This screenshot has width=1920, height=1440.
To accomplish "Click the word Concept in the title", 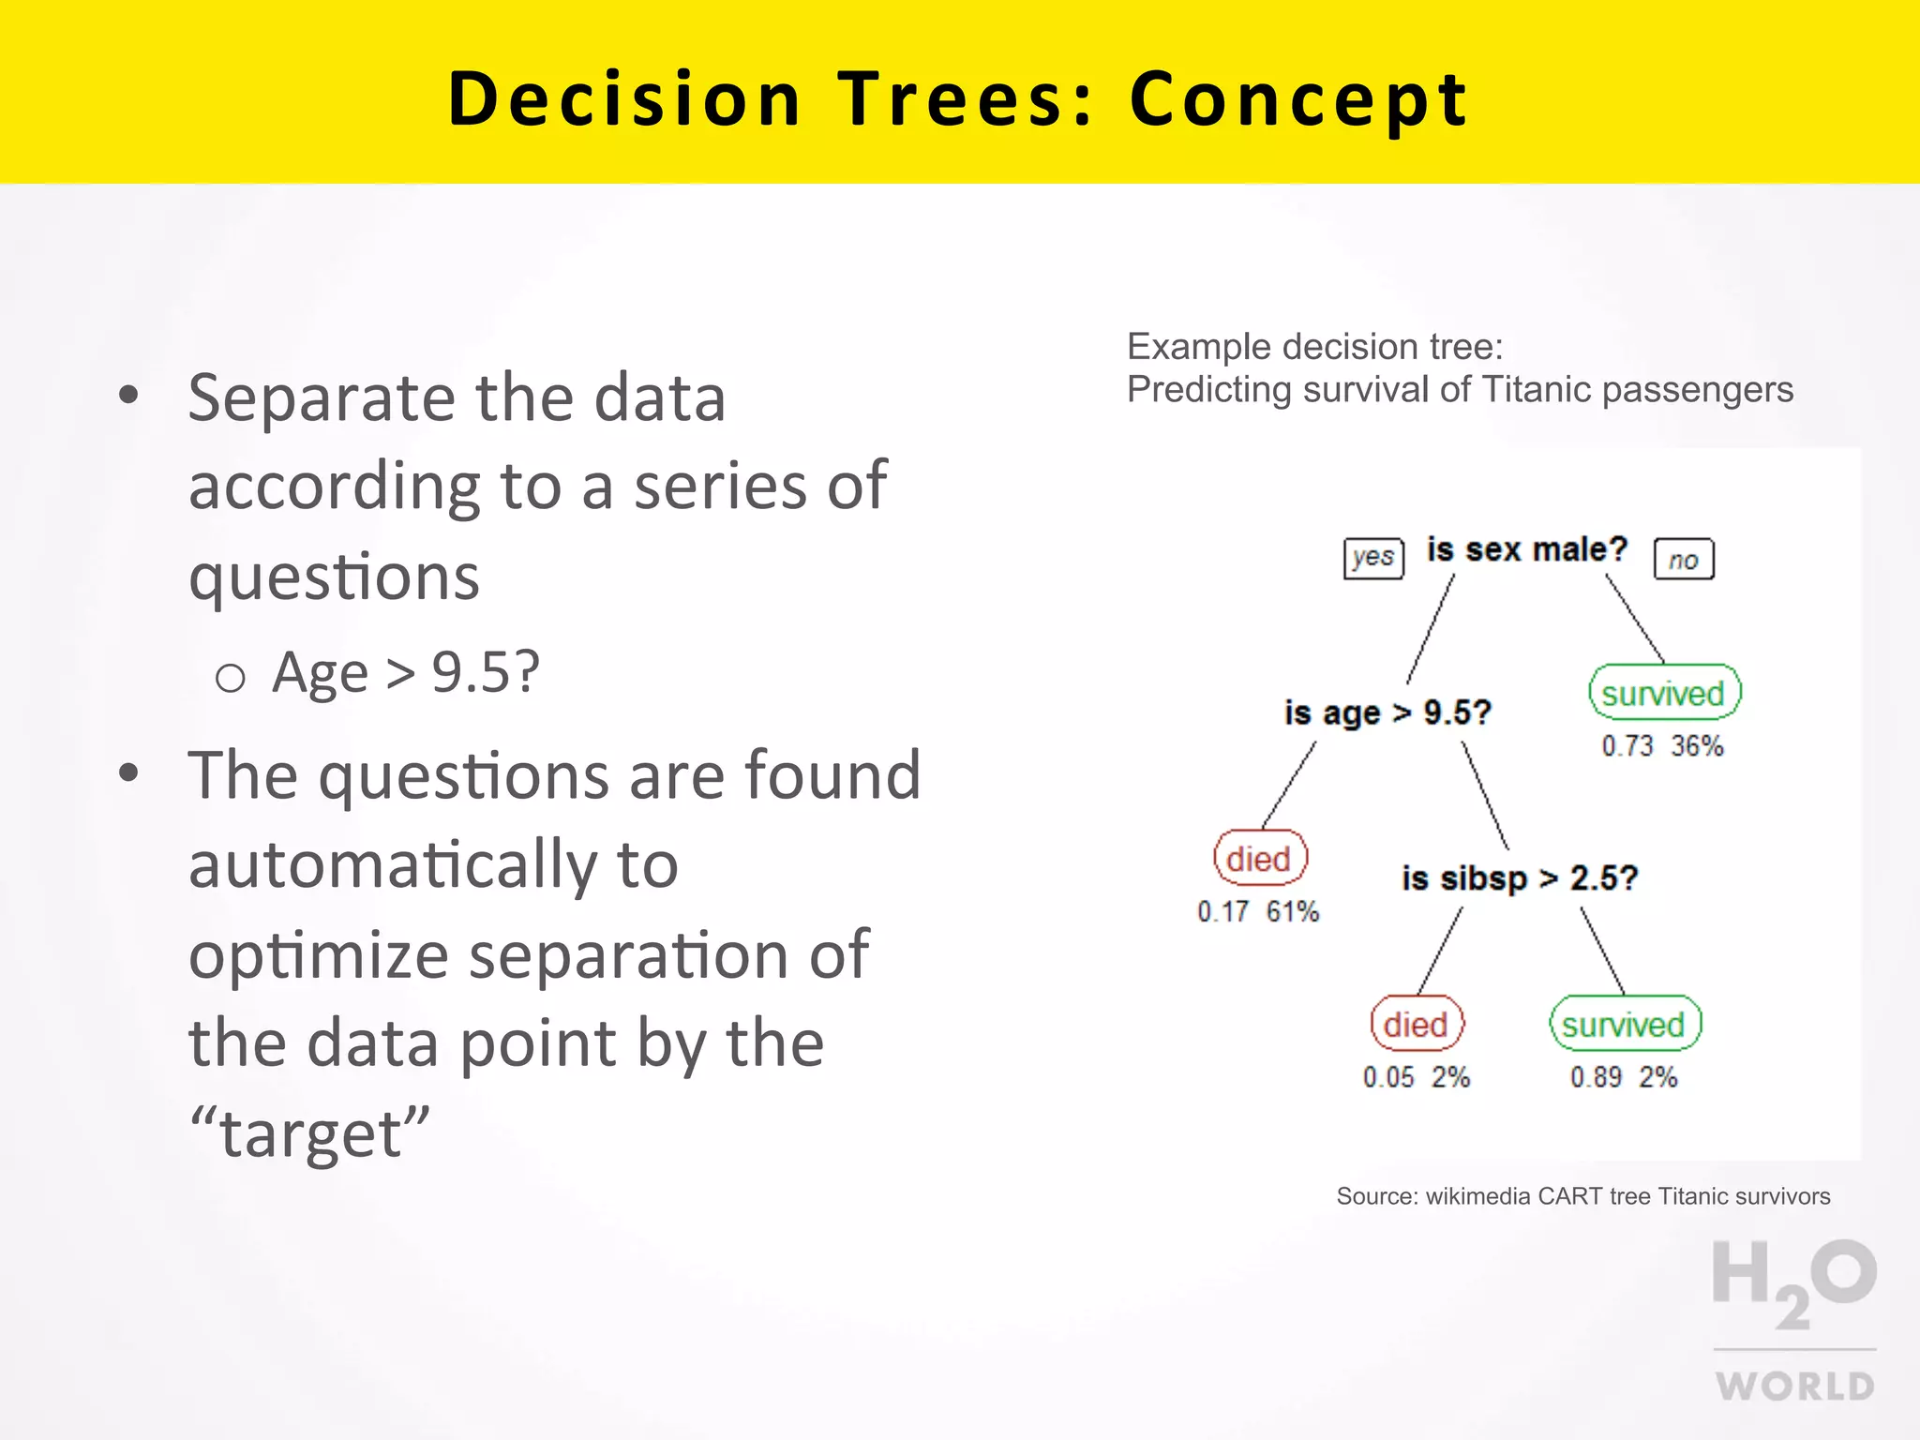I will pyautogui.click(x=1297, y=99).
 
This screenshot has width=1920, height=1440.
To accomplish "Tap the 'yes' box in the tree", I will pyautogui.click(x=1373, y=559).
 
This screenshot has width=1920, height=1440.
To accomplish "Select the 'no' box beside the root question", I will pyautogui.click(x=1684, y=560).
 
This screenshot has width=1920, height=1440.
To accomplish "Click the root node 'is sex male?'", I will pyautogui.click(x=1526, y=550).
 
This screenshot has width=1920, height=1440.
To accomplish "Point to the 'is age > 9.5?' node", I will pyautogui.click(x=1387, y=713).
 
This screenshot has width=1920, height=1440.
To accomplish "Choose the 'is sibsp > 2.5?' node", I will pyautogui.click(x=1519, y=879).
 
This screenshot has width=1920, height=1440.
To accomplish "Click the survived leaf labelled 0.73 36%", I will pyautogui.click(x=1664, y=694).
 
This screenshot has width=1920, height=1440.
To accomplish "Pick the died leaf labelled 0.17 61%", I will pyautogui.click(x=1259, y=859).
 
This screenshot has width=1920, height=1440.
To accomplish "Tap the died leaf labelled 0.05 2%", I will pyautogui.click(x=1416, y=1025).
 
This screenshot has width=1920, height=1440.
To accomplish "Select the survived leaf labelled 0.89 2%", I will pyautogui.click(x=1624, y=1025).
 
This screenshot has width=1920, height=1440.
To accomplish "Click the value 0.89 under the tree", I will pyautogui.click(x=1596, y=1077).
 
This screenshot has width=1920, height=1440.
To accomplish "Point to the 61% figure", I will pyautogui.click(x=1293, y=911).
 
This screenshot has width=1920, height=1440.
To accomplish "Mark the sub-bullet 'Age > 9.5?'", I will pyautogui.click(x=405, y=673).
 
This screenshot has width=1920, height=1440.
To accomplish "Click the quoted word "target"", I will pyautogui.click(x=309, y=1133).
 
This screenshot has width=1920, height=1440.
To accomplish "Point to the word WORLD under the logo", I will pyautogui.click(x=1794, y=1387).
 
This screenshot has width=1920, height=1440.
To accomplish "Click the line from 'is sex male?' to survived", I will pyautogui.click(x=1635, y=619).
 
